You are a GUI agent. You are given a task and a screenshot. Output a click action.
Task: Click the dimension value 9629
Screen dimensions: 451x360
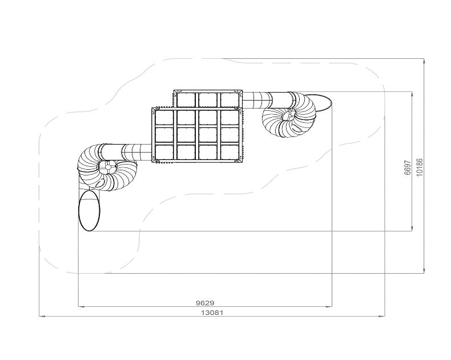coord(205,303)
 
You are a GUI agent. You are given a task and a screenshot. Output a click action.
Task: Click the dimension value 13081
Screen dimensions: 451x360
coord(212,313)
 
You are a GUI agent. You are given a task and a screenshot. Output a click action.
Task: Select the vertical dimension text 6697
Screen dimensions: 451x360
coord(407,167)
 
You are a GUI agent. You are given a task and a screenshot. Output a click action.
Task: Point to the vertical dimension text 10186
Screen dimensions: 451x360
coord(420,167)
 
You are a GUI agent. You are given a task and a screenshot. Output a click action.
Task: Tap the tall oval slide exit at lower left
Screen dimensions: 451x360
coord(89,210)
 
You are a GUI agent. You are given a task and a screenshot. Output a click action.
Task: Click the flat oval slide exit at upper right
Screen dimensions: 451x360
coord(318,103)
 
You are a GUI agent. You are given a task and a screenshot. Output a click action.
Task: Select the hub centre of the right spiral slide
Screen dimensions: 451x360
coord(289,115)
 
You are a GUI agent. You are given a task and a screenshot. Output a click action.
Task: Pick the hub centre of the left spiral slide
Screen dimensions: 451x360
coord(107,167)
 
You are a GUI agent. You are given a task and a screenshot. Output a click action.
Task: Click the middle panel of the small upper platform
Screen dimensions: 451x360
coord(208,99)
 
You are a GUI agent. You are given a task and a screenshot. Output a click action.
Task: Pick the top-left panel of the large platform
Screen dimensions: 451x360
coord(164,118)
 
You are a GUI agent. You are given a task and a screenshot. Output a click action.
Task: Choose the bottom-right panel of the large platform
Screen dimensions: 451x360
coord(229,152)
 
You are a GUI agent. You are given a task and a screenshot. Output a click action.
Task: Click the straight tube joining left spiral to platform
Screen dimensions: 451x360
coord(127,152)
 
